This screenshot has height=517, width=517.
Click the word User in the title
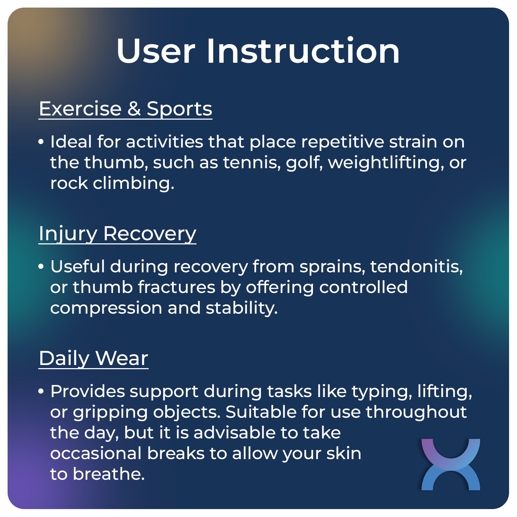pyautogui.click(x=156, y=51)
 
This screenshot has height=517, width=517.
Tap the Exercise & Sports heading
pyautogui.click(x=125, y=109)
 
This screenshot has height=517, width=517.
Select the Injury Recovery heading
pyautogui.click(x=117, y=234)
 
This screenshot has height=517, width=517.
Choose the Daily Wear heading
pyautogui.click(x=93, y=358)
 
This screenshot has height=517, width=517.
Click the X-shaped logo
pyautogui.click(x=450, y=464)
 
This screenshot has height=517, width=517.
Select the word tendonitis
pyautogui.click(x=416, y=266)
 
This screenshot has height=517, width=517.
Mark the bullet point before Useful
pyautogui.click(x=41, y=266)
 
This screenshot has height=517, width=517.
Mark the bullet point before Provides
pyautogui.click(x=41, y=391)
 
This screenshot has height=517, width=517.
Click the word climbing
pyautogui.click(x=133, y=183)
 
